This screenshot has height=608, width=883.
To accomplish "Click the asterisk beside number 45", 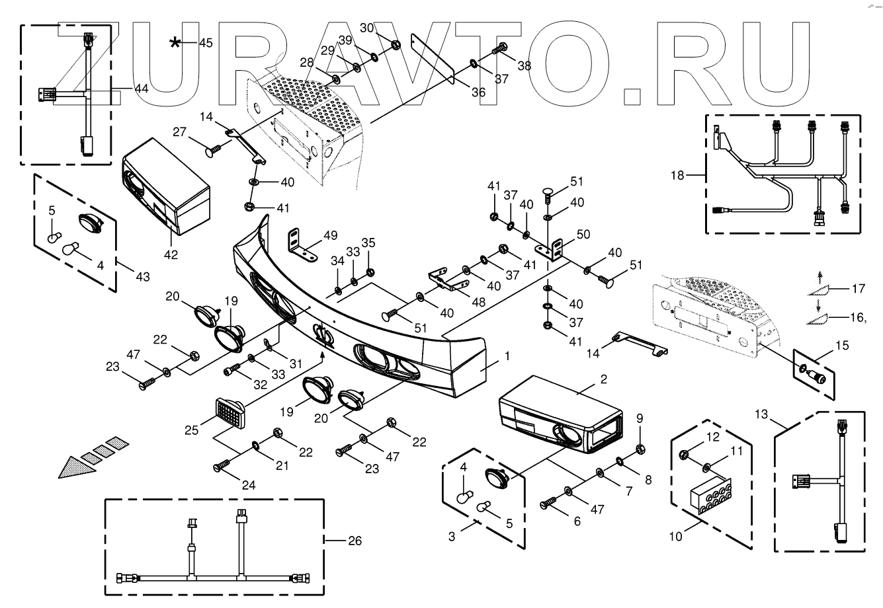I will (x=175, y=44).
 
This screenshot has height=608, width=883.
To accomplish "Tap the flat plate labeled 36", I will (x=433, y=59).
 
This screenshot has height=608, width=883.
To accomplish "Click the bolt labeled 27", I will (x=214, y=152).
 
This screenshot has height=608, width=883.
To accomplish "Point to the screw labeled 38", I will (x=499, y=49).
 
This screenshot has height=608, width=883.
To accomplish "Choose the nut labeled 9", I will (x=640, y=449).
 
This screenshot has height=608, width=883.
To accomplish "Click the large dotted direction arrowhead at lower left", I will (x=73, y=467).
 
